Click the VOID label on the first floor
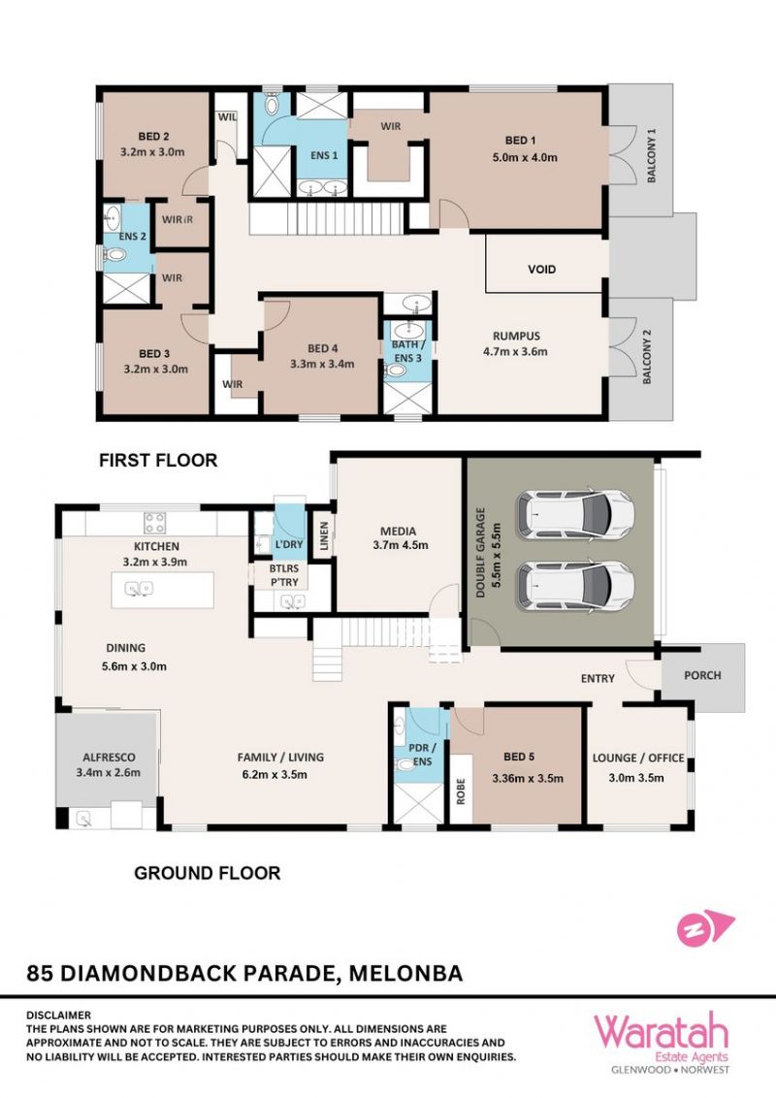541,269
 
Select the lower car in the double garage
574,584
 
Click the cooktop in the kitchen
155,523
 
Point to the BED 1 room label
520,140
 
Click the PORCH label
702,675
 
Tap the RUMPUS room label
516,336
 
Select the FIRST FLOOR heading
158,460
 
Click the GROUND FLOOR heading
208,873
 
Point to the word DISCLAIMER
59,1015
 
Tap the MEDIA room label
399,531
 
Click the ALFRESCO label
110,757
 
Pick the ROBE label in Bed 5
461,791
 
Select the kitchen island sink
140,590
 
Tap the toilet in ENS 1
272,104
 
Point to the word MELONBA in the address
405,973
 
